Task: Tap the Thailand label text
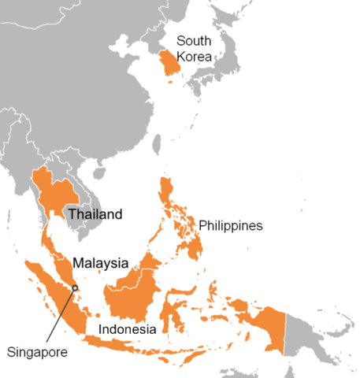coord(95,214)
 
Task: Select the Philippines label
coord(230,226)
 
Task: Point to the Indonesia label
coord(126,328)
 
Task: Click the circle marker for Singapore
coord(75,287)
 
